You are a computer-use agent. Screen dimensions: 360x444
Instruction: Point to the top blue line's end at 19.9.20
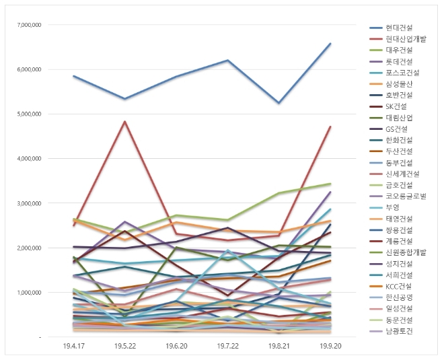(330, 44)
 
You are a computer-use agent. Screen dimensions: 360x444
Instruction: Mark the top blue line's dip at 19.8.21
(279, 103)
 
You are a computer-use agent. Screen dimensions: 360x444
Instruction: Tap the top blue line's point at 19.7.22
(227, 61)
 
